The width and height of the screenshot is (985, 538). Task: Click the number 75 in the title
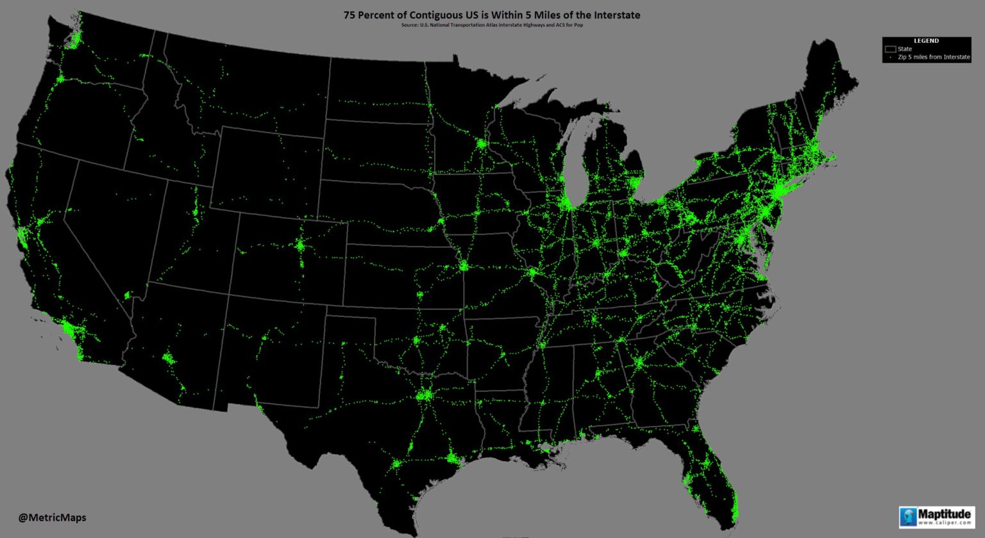(x=349, y=15)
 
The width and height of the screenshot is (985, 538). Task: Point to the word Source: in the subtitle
(x=410, y=25)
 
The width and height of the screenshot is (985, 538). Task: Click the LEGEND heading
(x=925, y=40)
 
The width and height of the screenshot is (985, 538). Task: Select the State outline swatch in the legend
(x=890, y=49)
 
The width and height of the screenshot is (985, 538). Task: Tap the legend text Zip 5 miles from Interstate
(x=934, y=57)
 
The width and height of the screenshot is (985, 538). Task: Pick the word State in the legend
(x=904, y=49)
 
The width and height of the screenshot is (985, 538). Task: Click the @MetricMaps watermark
(x=52, y=518)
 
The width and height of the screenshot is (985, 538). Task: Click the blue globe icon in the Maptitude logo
(x=908, y=516)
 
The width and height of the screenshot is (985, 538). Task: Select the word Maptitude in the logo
(x=944, y=514)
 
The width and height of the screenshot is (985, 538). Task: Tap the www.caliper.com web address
(x=944, y=523)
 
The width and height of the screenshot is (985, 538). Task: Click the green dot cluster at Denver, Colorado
(x=300, y=245)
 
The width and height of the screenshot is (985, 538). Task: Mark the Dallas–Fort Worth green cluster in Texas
(x=425, y=395)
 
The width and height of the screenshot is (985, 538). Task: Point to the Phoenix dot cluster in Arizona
(x=169, y=358)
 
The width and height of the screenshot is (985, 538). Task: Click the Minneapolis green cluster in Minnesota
(x=481, y=144)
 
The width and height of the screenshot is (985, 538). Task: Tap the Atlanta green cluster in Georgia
(x=638, y=363)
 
